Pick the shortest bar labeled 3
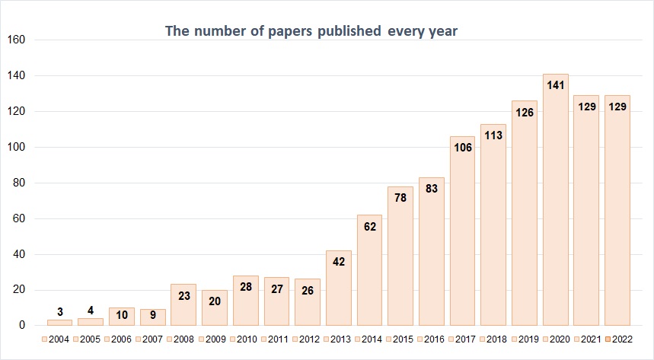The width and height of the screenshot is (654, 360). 59,323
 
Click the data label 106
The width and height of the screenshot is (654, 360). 462,147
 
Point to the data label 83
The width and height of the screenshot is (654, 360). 431,188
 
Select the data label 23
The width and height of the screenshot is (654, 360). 183,295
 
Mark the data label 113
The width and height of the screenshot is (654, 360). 493,135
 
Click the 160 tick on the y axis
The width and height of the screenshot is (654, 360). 16,40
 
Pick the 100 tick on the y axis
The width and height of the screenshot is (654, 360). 16,147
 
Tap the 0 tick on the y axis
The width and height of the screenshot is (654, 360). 23,326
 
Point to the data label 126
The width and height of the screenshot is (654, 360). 524,112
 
